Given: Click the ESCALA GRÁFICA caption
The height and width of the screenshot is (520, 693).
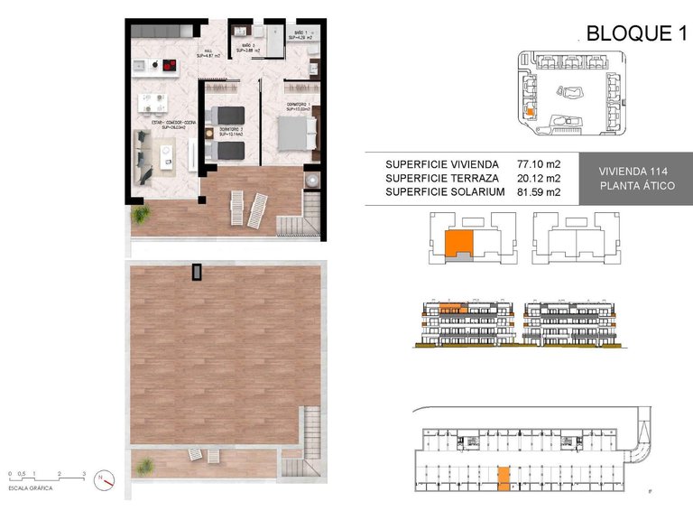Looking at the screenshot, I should (30, 487).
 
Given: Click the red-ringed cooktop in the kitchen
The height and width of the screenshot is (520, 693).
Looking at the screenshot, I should (167, 65).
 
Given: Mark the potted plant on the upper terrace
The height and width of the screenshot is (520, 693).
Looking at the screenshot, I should (141, 216).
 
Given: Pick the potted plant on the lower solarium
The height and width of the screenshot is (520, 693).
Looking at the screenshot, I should (143, 466).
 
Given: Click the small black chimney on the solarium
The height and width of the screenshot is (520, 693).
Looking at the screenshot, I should (197, 272).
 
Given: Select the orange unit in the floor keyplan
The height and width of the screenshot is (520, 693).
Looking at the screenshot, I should (460, 243).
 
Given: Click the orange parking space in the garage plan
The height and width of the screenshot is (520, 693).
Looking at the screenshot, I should (504, 475).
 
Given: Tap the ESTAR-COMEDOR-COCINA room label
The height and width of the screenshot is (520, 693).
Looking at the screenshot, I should (167, 125).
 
